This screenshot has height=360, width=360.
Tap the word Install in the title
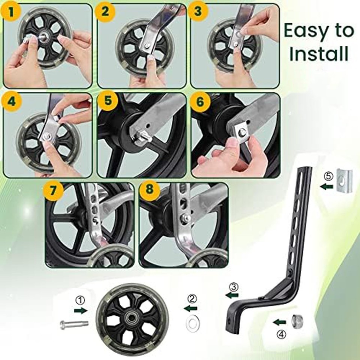coord(319,53)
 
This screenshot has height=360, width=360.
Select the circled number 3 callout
coord(233,287)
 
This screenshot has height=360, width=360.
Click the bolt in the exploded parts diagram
coord(73,324)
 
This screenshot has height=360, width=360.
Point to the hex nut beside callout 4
coord(298,320)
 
